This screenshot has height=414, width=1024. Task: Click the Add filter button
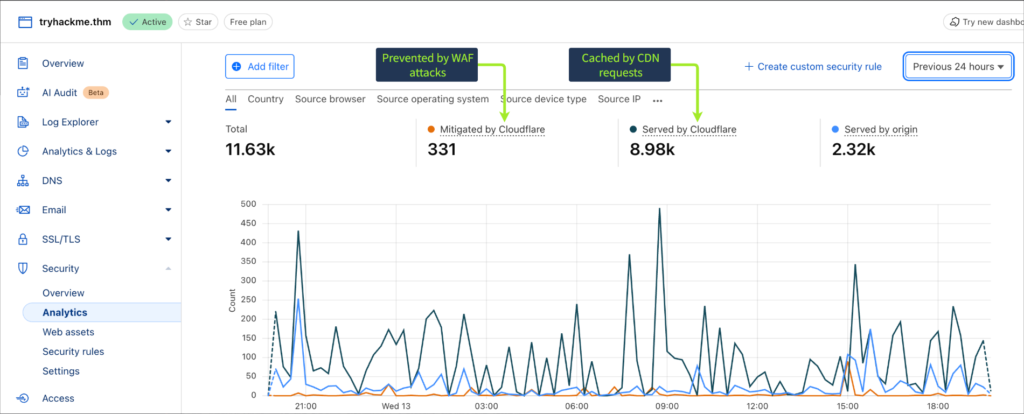point(260,67)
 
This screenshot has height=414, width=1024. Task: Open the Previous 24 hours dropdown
point(958,67)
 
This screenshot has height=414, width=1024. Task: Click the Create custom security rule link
point(813,67)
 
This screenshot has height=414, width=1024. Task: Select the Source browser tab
point(330,99)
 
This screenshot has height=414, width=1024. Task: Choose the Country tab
point(266,99)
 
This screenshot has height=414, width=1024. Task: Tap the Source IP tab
point(619,99)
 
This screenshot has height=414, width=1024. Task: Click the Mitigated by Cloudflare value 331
point(442,150)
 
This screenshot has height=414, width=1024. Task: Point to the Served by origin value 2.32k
point(853,150)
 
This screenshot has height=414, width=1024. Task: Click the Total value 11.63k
point(250,150)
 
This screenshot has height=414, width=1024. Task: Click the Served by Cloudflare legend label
point(688,130)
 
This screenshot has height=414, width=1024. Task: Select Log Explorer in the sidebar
point(70,122)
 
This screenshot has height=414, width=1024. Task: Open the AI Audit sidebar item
point(59,93)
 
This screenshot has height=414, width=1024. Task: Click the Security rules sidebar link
point(73,352)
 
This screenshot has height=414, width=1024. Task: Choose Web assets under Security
point(68,332)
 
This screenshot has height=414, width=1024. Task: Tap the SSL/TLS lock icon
point(23,239)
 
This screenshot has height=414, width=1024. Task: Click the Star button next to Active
point(198,22)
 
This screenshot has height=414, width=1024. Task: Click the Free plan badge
point(248,22)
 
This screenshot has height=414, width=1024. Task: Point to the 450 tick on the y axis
point(248,223)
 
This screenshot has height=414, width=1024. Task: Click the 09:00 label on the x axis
point(667,406)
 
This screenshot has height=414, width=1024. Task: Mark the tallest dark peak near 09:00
point(659,209)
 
